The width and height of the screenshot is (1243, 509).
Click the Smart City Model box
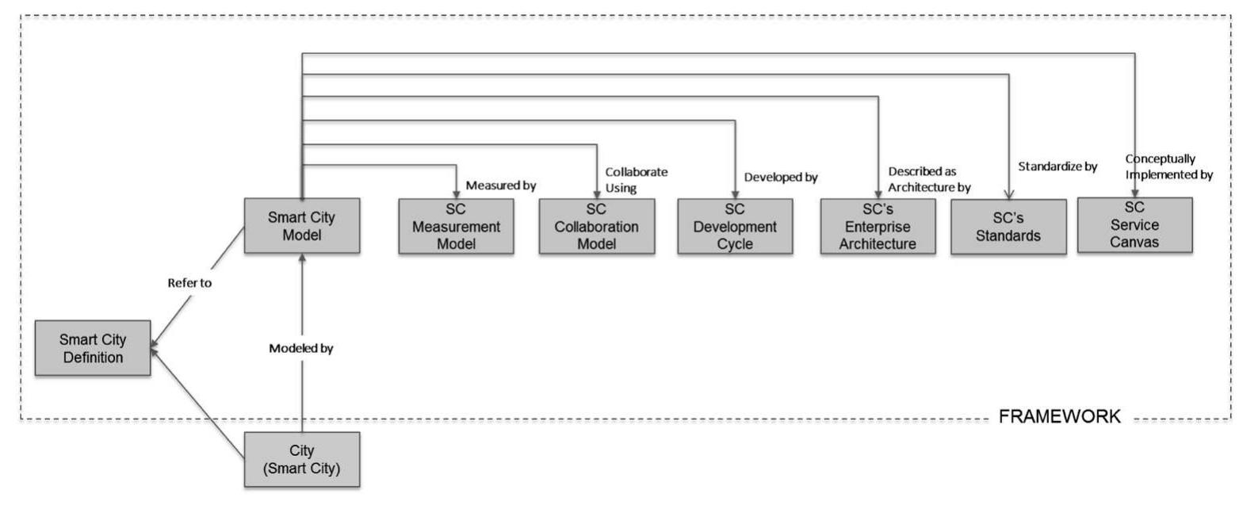pos(301,225)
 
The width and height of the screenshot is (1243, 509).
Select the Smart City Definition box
pos(92,349)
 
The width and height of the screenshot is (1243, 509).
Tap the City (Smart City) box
pos(301,459)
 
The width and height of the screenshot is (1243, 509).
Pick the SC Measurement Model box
pos(456,226)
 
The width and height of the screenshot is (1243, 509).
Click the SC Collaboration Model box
pos(596,226)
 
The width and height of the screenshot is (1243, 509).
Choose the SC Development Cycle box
pos(735,226)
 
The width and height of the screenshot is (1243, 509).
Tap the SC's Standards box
pos(1008,227)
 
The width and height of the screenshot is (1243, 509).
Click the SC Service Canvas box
pos(1134,224)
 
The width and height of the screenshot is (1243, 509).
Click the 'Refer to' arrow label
pos(189,283)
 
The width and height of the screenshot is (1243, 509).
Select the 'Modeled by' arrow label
pos(300,347)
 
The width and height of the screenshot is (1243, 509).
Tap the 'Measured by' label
pos(501,186)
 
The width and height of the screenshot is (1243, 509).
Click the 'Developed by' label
pos(780,178)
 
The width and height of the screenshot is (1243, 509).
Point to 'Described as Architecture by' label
pos(929,179)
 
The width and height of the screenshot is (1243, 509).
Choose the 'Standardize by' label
pos(1057,167)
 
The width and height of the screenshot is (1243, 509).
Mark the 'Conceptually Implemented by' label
pos(1168,167)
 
